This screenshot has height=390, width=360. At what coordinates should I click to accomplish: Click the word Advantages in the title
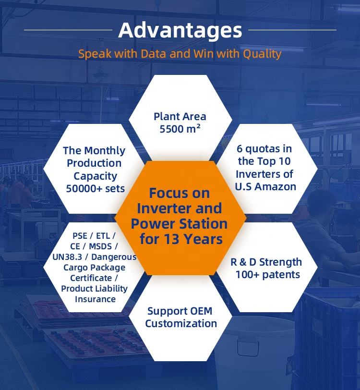tap(180, 30)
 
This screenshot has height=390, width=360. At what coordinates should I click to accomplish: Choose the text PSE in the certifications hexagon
tap(80, 235)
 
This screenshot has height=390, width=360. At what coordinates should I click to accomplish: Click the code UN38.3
tap(67, 257)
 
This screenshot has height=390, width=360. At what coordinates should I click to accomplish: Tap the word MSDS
tap(100, 246)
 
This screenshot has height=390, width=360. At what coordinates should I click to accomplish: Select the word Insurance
tap(95, 299)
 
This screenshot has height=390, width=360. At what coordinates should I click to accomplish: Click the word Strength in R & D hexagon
tap(280, 262)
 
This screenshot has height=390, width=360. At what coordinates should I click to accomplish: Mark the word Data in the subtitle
tap(154, 53)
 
